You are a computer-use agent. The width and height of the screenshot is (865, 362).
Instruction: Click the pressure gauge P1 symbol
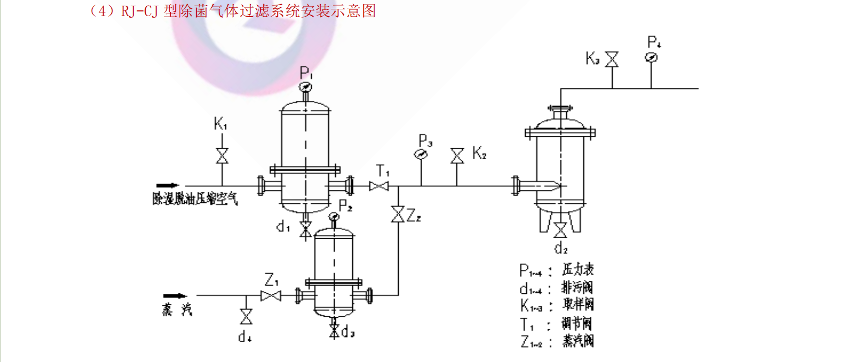tap(306, 87)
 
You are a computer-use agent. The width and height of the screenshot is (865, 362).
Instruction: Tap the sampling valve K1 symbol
tap(222, 156)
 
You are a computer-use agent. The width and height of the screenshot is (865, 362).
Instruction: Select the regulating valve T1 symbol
tap(379, 186)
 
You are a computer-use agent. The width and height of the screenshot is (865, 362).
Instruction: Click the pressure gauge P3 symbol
tap(421, 154)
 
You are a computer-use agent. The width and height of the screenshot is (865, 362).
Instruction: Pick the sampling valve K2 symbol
tap(457, 156)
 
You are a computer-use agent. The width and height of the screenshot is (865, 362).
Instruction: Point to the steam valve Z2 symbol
tap(398, 214)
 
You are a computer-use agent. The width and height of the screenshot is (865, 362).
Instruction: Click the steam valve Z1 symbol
tap(271, 296)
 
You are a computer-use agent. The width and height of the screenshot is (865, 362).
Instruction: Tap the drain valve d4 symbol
tap(246, 316)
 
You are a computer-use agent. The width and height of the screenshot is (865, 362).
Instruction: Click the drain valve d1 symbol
tap(306, 229)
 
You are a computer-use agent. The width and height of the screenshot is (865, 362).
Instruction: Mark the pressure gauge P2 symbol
tap(334, 216)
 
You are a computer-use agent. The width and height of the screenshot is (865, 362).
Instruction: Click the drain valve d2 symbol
tap(560, 230)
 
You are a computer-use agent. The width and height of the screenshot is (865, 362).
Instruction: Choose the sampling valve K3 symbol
tap(612, 59)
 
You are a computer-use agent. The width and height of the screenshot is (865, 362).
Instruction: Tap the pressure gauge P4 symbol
tap(651, 58)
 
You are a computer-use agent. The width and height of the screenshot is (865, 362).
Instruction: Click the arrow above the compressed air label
tap(167, 185)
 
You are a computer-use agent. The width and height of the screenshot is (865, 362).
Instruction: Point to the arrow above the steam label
tap(174, 295)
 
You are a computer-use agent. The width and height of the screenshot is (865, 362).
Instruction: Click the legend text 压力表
tap(578, 269)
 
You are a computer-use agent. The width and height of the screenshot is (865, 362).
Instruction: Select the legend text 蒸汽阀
tap(578, 341)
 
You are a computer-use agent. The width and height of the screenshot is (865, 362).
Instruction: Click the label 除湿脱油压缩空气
tap(195, 199)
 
